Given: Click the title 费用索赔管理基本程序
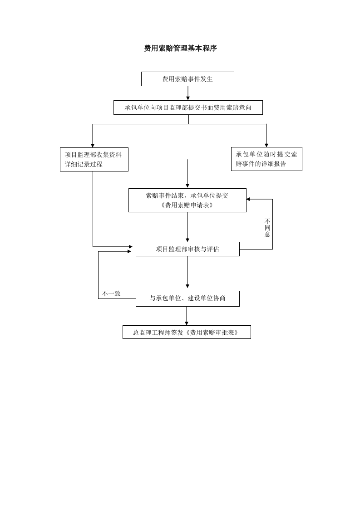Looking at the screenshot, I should click(x=180, y=49).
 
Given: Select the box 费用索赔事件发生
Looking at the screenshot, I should click(x=187, y=79).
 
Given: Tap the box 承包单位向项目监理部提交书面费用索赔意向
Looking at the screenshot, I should click(x=188, y=108).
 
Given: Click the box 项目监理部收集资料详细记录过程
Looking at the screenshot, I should click(x=94, y=159).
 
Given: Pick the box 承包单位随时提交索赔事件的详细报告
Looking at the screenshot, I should click(x=266, y=159).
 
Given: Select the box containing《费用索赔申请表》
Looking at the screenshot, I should click(x=187, y=201).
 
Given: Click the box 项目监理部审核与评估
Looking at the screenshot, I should click(x=187, y=249).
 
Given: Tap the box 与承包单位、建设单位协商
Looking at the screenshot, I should click(x=187, y=299).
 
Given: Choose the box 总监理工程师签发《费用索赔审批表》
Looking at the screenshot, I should click(x=187, y=332).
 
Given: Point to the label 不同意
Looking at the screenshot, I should click(x=267, y=228).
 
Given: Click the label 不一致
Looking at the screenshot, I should click(x=111, y=294).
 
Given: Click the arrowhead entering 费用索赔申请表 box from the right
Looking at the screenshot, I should click(x=248, y=199).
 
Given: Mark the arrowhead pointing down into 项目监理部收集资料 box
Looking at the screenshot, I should click(x=93, y=146).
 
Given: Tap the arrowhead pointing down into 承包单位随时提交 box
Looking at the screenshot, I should click(x=266, y=145).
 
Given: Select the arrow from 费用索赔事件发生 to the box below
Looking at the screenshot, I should click(x=188, y=93).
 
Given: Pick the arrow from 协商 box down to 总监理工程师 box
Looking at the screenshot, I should click(x=187, y=316).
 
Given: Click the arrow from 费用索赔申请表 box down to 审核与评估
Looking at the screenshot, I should click(x=187, y=227).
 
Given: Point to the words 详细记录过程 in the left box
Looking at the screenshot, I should click(x=84, y=164).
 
